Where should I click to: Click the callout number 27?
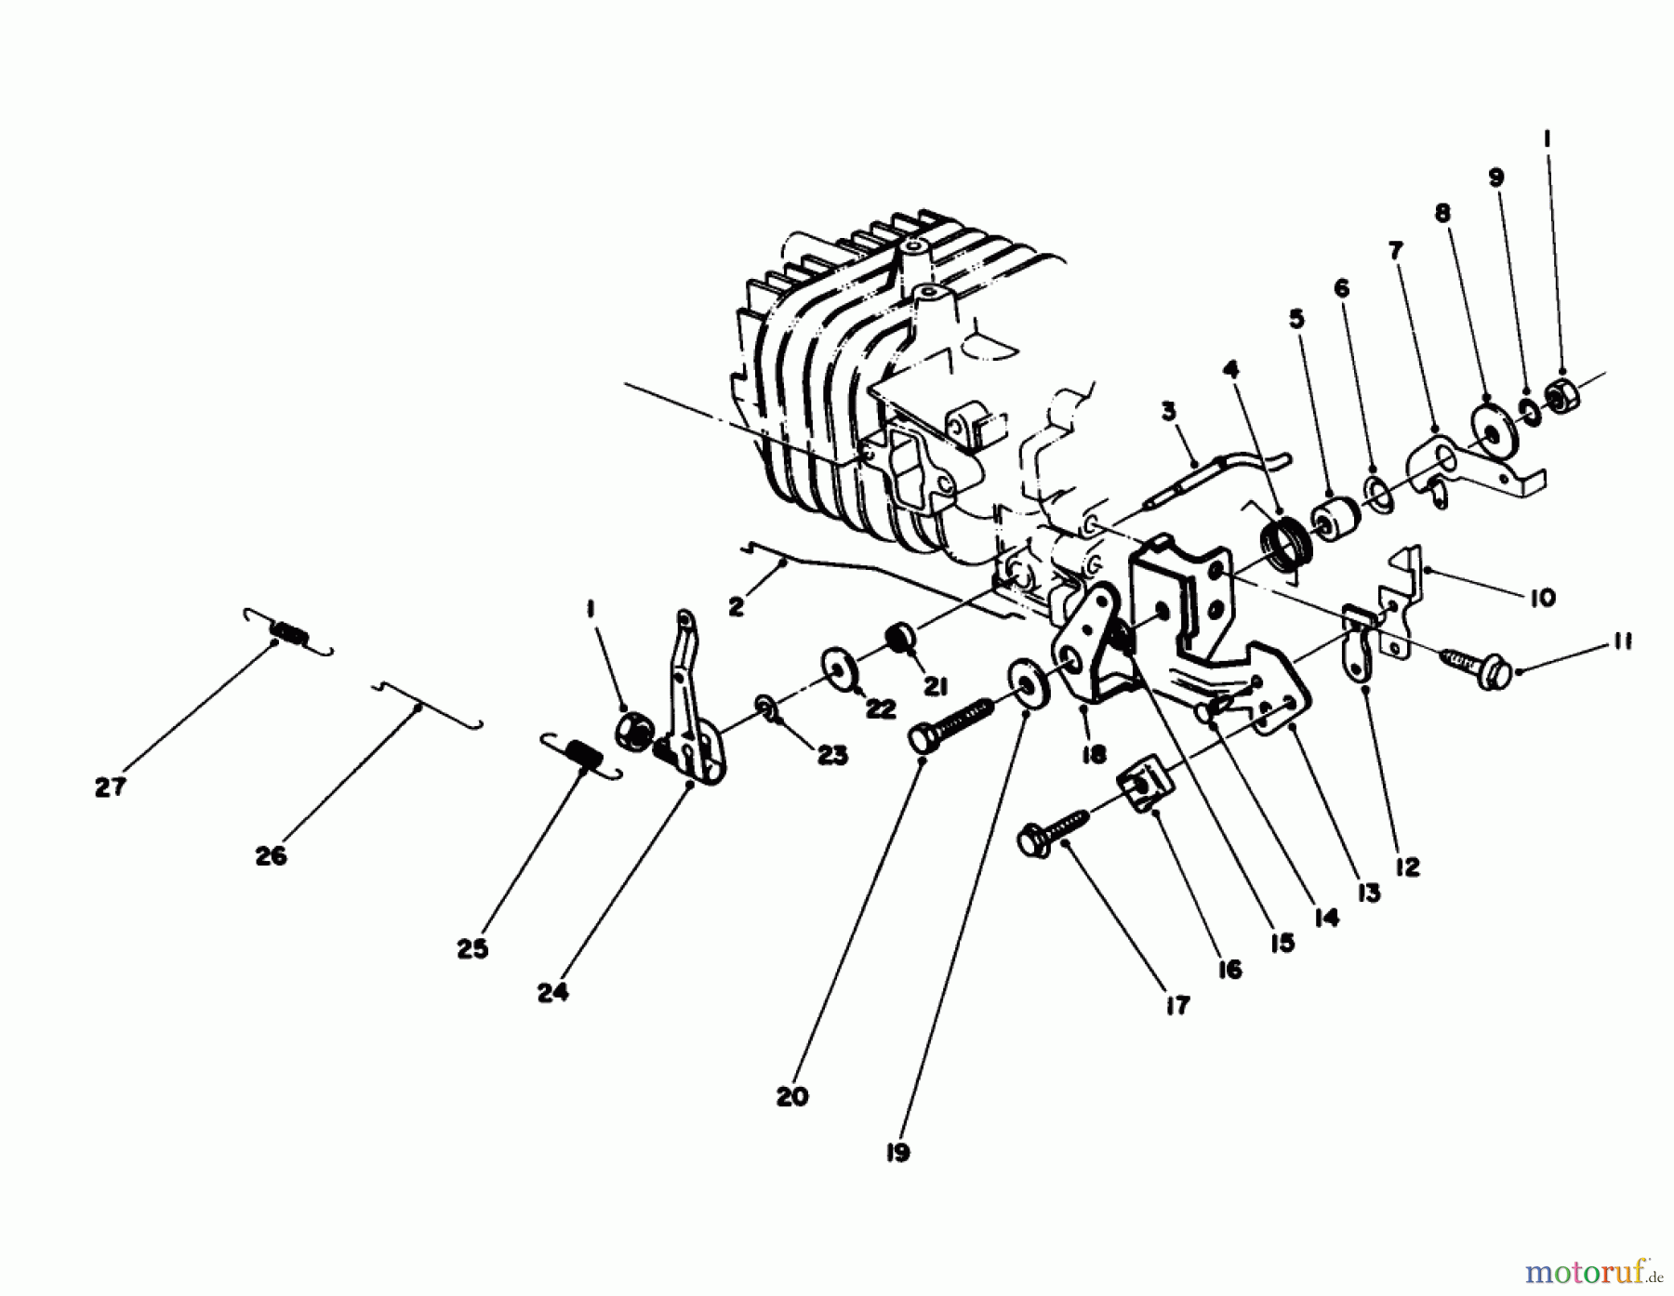(109, 787)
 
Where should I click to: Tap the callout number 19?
(897, 1153)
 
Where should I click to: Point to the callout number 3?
(1169, 410)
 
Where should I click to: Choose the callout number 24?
(552, 993)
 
